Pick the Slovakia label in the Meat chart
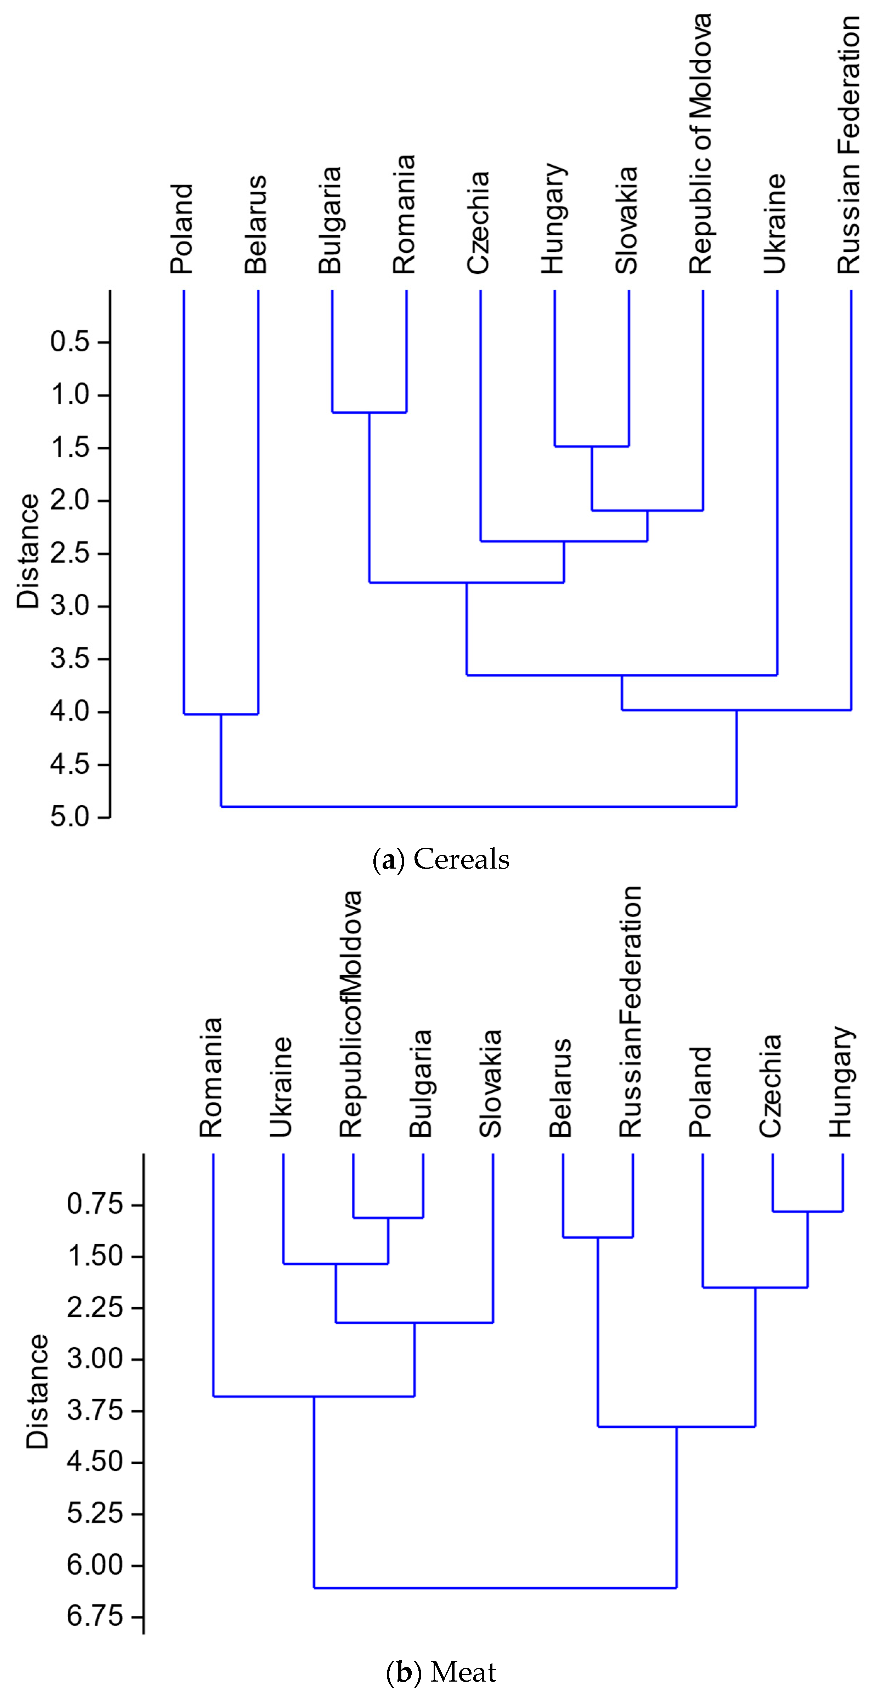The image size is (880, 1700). point(491,1084)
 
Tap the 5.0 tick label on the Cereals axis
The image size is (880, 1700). point(70,817)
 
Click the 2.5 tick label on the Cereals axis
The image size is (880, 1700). point(70,553)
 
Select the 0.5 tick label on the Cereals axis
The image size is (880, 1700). point(70,342)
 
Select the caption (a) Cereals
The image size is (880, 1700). point(441,860)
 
